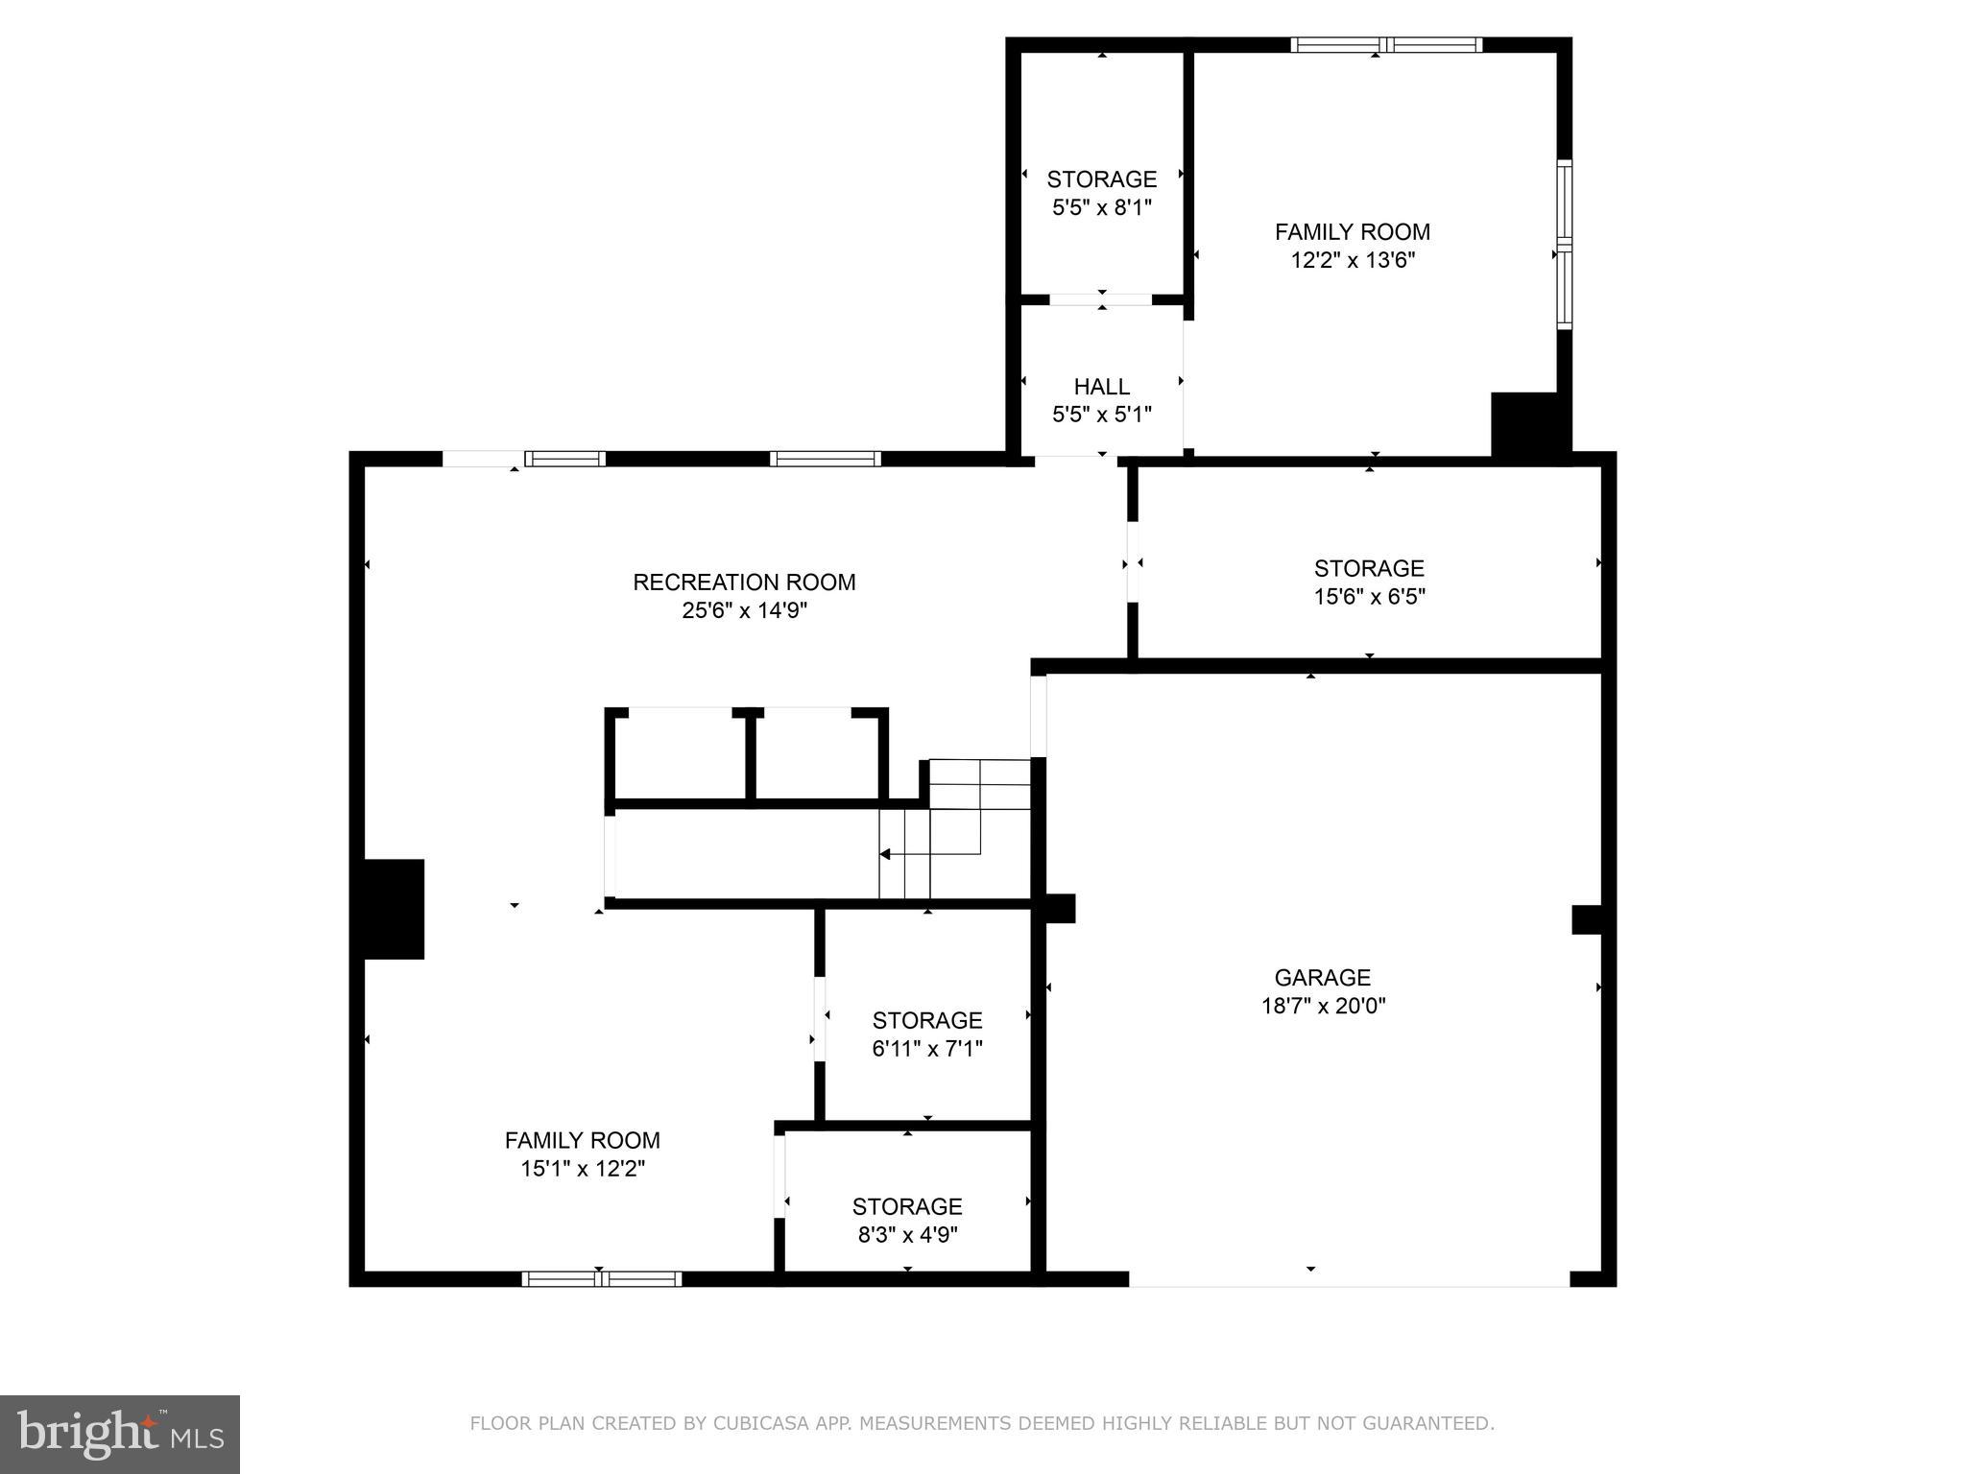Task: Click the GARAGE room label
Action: point(1322,978)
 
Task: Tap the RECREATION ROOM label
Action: point(744,582)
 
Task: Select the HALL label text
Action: point(1101,387)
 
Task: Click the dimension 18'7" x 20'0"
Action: point(1323,1006)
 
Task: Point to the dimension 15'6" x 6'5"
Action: point(1369,597)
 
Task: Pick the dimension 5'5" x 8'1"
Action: point(1101,207)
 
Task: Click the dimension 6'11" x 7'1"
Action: point(926,1049)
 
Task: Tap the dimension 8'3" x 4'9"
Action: point(907,1234)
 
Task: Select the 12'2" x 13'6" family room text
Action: point(1353,260)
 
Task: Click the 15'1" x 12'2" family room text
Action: point(582,1169)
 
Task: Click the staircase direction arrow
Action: point(885,854)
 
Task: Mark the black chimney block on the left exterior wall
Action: point(394,909)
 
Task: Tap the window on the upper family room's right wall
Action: point(1564,244)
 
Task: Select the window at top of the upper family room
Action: point(1385,44)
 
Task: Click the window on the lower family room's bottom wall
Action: point(602,1278)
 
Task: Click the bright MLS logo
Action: point(120,1435)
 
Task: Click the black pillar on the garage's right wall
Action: point(1587,919)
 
